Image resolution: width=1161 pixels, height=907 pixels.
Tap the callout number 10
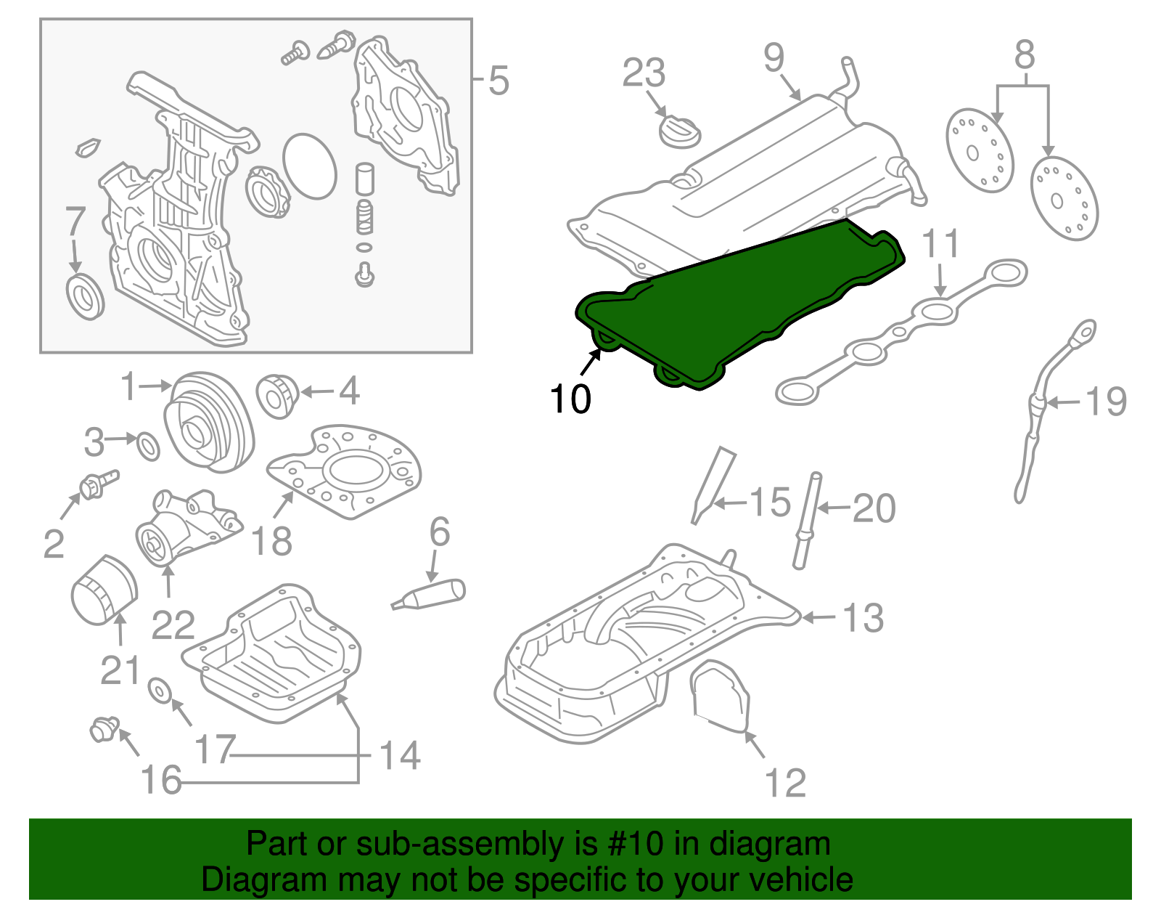click(x=570, y=399)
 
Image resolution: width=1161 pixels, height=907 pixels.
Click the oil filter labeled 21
click(x=104, y=590)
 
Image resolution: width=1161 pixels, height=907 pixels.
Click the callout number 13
click(x=863, y=618)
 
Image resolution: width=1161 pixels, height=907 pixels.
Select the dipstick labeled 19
click(x=1030, y=421)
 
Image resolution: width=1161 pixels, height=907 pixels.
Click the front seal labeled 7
click(x=85, y=296)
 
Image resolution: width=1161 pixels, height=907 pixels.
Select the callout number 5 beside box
click(x=498, y=81)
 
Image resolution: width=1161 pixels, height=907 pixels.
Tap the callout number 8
click(x=1024, y=54)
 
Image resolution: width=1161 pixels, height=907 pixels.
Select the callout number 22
click(x=173, y=625)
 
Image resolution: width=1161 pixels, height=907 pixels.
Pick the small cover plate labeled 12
click(x=720, y=694)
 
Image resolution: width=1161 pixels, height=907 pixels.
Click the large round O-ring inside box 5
click(x=310, y=166)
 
